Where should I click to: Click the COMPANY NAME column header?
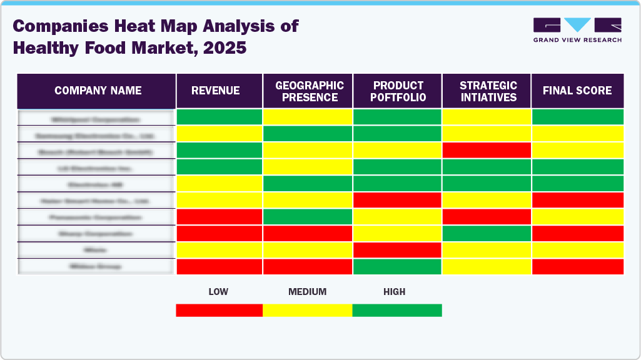pos(98,91)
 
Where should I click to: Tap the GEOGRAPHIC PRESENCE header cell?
pos(310,91)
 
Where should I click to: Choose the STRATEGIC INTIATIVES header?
pos(488,91)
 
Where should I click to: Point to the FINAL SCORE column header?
pos(577,91)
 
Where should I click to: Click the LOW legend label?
pos(218,292)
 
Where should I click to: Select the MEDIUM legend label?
pos(307,292)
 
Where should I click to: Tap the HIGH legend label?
pos(395,292)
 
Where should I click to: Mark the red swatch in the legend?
pos(219,310)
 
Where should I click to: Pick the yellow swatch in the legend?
pos(307,310)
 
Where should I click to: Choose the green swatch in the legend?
pos(397,310)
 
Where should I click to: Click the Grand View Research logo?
pos(577,30)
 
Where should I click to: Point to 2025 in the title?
pos(223,48)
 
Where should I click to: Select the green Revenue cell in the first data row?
pos(219,117)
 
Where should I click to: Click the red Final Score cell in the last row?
pos(577,266)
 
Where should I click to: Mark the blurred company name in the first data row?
pos(96,118)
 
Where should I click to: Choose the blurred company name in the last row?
pos(96,266)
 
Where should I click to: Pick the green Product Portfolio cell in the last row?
pos(397,266)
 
